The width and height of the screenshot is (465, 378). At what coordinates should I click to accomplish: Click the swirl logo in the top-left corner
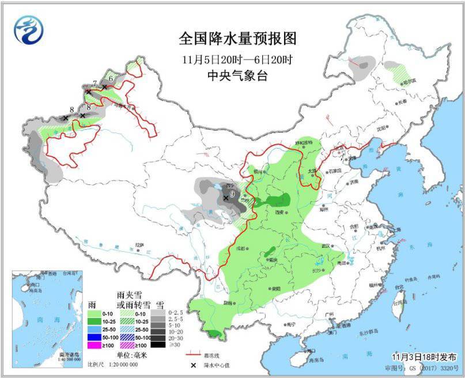click(x=28, y=29)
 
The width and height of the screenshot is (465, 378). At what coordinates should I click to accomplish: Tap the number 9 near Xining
click(x=232, y=194)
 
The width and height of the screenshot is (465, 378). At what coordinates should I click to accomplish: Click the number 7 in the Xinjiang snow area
click(x=94, y=84)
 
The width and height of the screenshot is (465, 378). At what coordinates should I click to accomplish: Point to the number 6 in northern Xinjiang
click(x=110, y=78)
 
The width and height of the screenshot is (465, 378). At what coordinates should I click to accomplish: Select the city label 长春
click(x=402, y=102)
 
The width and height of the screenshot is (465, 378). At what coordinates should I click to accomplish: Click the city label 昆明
click(x=229, y=303)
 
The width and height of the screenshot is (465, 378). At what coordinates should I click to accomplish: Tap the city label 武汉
click(x=327, y=246)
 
